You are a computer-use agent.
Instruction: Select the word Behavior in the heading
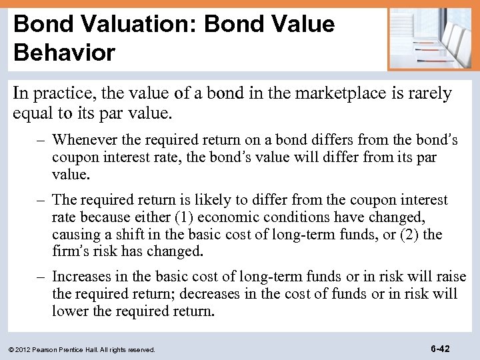(64, 53)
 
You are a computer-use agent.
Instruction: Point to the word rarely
(428, 93)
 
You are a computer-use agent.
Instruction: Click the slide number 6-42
(439, 349)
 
